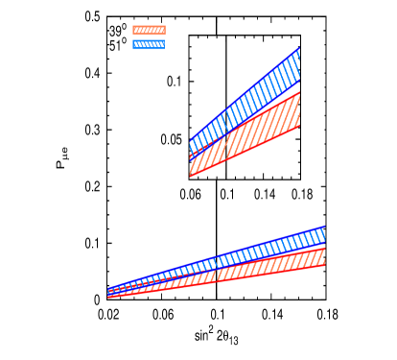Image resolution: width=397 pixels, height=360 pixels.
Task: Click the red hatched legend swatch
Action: click(148, 30)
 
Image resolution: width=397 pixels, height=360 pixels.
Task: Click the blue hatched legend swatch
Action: click(148, 43)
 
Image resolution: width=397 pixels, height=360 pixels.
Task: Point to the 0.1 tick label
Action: click(174, 81)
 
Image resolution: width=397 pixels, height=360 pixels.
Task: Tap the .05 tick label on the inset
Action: click(174, 139)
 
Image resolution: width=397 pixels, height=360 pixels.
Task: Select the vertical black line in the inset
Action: click(225, 96)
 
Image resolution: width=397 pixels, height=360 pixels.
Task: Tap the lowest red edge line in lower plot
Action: click(240, 279)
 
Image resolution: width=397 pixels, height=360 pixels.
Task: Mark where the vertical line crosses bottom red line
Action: click(225, 160)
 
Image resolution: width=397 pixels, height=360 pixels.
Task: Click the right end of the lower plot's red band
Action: click(323, 256)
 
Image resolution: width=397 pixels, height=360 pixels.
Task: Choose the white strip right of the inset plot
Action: click(313, 106)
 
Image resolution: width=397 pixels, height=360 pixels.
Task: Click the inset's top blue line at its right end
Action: click(299, 48)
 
